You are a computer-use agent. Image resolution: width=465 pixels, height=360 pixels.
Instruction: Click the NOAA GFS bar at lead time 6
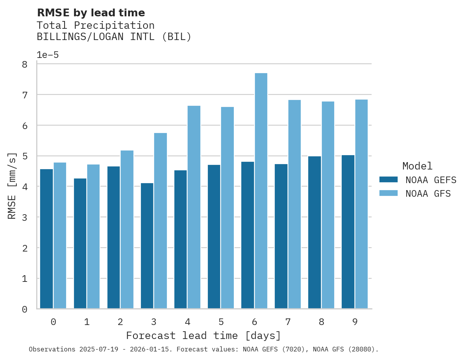pos(261,191)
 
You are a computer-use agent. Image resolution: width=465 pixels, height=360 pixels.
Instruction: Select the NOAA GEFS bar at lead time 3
pos(147,246)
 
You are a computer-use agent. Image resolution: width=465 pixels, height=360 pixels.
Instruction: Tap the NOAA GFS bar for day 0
pos(60,236)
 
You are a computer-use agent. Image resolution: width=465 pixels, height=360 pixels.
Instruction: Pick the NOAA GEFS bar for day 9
pos(348,232)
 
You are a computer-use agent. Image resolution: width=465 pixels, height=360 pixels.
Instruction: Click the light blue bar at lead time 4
pos(194,207)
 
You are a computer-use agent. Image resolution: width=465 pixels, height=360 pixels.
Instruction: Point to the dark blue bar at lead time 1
pos(80,243)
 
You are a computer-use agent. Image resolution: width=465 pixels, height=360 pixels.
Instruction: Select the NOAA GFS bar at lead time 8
pos(328,205)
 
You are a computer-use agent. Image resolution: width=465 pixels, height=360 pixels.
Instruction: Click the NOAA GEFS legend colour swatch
pos(388,180)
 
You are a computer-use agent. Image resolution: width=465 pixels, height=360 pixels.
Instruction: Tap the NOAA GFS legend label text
pos(428,194)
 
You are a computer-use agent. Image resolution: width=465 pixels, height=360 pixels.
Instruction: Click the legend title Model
pos(417,166)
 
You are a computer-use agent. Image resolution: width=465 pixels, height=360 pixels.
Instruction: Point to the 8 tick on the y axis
pos(25,65)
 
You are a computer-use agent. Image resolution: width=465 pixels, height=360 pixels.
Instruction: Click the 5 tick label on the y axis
pos(25,156)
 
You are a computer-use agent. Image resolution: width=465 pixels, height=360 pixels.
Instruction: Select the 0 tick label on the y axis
pos(25,309)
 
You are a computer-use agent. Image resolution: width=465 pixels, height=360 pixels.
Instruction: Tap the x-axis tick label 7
pos(288,322)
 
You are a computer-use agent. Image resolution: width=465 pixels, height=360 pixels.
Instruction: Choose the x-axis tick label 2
pos(120,322)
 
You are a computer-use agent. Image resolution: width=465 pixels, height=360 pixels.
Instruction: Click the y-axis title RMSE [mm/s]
pos(12,186)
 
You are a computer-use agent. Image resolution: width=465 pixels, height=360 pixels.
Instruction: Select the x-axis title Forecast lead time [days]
pos(203,336)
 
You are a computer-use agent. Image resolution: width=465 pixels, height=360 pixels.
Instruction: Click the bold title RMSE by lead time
pos(91,13)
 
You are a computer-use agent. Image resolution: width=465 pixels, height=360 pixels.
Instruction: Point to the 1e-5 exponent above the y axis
pos(47,55)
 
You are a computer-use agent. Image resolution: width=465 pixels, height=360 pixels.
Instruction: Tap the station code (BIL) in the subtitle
pos(176,37)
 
